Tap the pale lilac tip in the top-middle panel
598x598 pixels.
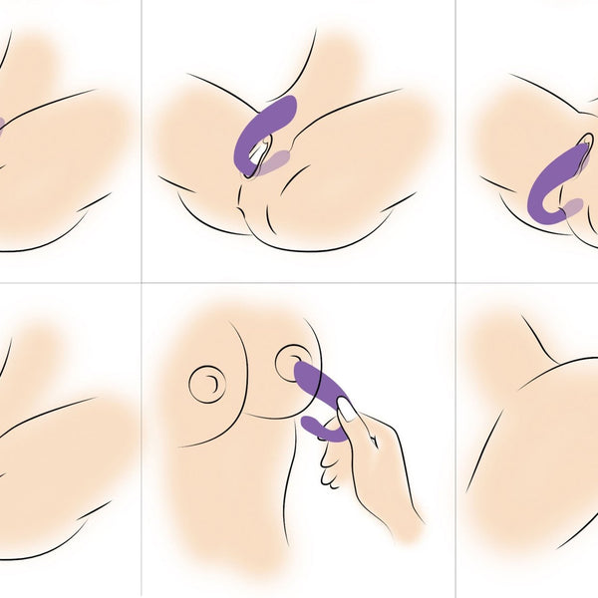[x=282, y=159]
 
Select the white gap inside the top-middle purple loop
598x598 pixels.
[x=259, y=153]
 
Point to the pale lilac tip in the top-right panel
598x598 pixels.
[x=572, y=207]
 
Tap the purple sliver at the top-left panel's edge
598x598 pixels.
[x=2, y=126]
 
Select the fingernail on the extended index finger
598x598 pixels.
[x=346, y=409]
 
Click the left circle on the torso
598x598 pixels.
[x=207, y=383]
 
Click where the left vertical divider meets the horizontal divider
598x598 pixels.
[x=142, y=283]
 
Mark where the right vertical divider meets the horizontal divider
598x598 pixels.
[x=456, y=283]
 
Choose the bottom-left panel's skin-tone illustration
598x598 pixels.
[x=60, y=439]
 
